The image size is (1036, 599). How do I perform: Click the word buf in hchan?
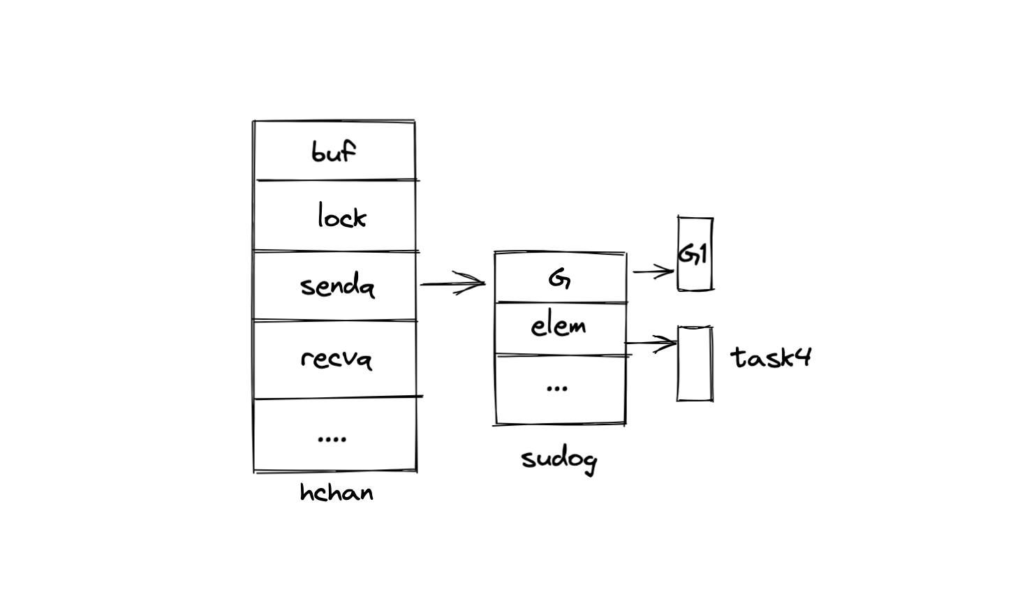pyautogui.click(x=334, y=151)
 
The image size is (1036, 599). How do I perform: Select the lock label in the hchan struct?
pyautogui.click(x=341, y=216)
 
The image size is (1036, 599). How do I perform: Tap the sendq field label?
pyautogui.click(x=337, y=286)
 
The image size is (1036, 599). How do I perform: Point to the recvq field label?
pyautogui.click(x=336, y=358)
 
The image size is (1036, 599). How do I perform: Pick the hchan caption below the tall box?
pyautogui.click(x=336, y=493)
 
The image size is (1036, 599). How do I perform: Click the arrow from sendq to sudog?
pyautogui.click(x=450, y=283)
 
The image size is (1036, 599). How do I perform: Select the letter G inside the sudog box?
pyautogui.click(x=559, y=279)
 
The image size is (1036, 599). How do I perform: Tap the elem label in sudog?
pyautogui.click(x=558, y=326)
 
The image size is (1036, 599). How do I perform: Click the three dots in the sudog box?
pyautogui.click(x=556, y=388)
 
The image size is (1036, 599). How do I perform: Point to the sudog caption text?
pyautogui.click(x=558, y=459)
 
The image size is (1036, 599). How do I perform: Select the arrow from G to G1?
pyautogui.click(x=652, y=272)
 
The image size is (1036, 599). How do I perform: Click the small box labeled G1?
pyautogui.click(x=695, y=253)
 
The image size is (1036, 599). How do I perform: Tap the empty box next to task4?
pyautogui.click(x=695, y=364)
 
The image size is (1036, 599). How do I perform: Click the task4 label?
pyautogui.click(x=771, y=357)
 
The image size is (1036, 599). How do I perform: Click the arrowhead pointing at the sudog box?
pyautogui.click(x=478, y=283)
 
